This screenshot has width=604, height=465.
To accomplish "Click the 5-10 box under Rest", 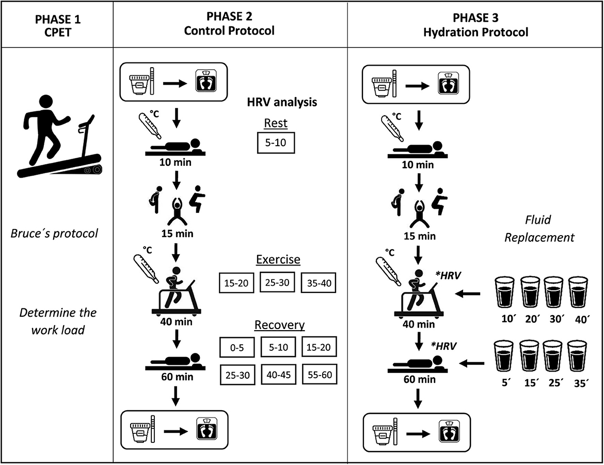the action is click(276, 143).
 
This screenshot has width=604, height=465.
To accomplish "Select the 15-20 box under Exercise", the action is click(236, 283).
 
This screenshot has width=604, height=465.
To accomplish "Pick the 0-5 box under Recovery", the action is click(237, 347).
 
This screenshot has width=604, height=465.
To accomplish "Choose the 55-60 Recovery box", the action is click(320, 375).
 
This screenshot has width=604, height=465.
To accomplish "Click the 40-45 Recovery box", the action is click(278, 375).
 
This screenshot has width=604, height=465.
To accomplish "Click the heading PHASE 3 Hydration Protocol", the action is click(476, 25).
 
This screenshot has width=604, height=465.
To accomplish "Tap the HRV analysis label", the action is click(282, 102).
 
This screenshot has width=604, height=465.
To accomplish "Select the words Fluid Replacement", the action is click(539, 228).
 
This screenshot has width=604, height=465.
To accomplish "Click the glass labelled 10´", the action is click(504, 292).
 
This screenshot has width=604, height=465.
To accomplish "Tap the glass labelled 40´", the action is click(578, 292).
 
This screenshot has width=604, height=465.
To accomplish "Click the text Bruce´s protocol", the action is click(54, 233).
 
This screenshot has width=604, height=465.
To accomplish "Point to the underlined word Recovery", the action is click(280, 324).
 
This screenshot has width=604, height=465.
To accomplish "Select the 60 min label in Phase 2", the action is click(177, 377).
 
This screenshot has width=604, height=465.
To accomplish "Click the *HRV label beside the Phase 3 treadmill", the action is click(448, 275).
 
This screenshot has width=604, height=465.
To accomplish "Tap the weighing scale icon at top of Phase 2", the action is click(205, 81).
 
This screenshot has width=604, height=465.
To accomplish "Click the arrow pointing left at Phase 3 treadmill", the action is click(468, 294).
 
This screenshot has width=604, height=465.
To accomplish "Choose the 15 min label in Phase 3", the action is click(420, 236).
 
